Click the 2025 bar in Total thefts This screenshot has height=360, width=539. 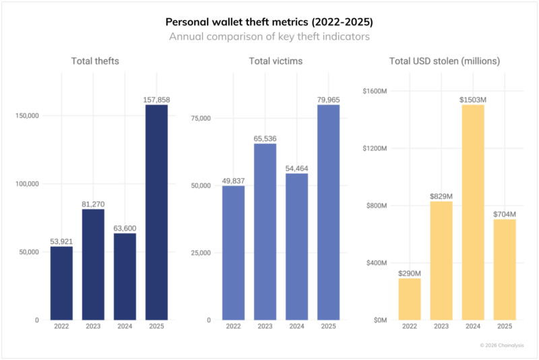coord(156,212)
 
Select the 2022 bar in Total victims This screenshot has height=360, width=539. coord(234,253)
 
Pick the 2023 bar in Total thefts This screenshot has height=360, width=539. coord(93,264)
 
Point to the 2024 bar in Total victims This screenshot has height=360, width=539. coord(296,247)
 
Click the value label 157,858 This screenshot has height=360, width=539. coord(156,100)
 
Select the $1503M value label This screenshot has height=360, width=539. coord(473,100)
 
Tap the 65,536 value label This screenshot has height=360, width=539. coord(265,139)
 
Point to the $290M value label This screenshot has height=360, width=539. coord(409,274)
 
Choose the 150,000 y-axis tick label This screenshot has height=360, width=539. coord(28,115)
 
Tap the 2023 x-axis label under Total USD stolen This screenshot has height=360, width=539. coord(441,327)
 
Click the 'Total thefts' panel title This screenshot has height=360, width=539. coord(96,61)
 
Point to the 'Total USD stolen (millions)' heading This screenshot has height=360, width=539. coord(445,61)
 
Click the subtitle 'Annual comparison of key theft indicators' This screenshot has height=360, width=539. coord(269,36)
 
